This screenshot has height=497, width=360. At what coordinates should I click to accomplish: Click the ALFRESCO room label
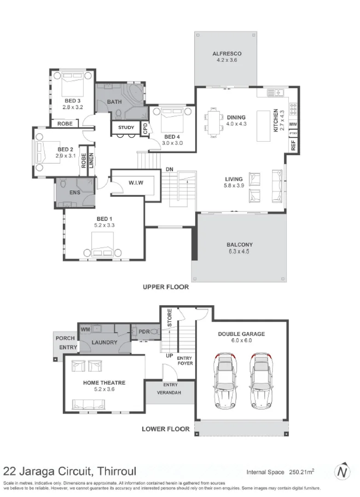pyautogui.click(x=226, y=53)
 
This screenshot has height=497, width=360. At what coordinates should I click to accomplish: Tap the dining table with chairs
pyautogui.click(x=214, y=122)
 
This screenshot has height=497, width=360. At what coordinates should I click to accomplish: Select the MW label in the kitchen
pyautogui.click(x=293, y=125)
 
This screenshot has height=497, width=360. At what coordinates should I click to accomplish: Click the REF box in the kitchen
pyautogui.click(x=293, y=145)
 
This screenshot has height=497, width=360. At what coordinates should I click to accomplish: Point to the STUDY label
pyautogui.click(x=126, y=127)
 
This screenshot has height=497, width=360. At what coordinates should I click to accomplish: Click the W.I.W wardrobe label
pyautogui.click(x=135, y=183)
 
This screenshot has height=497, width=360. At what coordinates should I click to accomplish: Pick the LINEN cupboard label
pyautogui.click(x=91, y=160)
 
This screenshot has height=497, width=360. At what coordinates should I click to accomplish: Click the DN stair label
pyautogui.click(x=169, y=169)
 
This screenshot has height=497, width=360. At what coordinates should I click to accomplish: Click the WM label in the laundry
pyautogui.click(x=85, y=329)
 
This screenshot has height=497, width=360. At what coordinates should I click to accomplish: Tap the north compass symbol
pyautogui.click(x=342, y=472)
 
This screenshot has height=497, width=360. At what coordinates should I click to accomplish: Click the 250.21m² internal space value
pyautogui.click(x=301, y=472)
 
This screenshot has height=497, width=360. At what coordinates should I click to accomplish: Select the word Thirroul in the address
pyautogui.click(x=115, y=471)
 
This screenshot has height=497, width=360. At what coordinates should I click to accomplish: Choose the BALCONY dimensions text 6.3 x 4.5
pyautogui.click(x=239, y=252)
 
